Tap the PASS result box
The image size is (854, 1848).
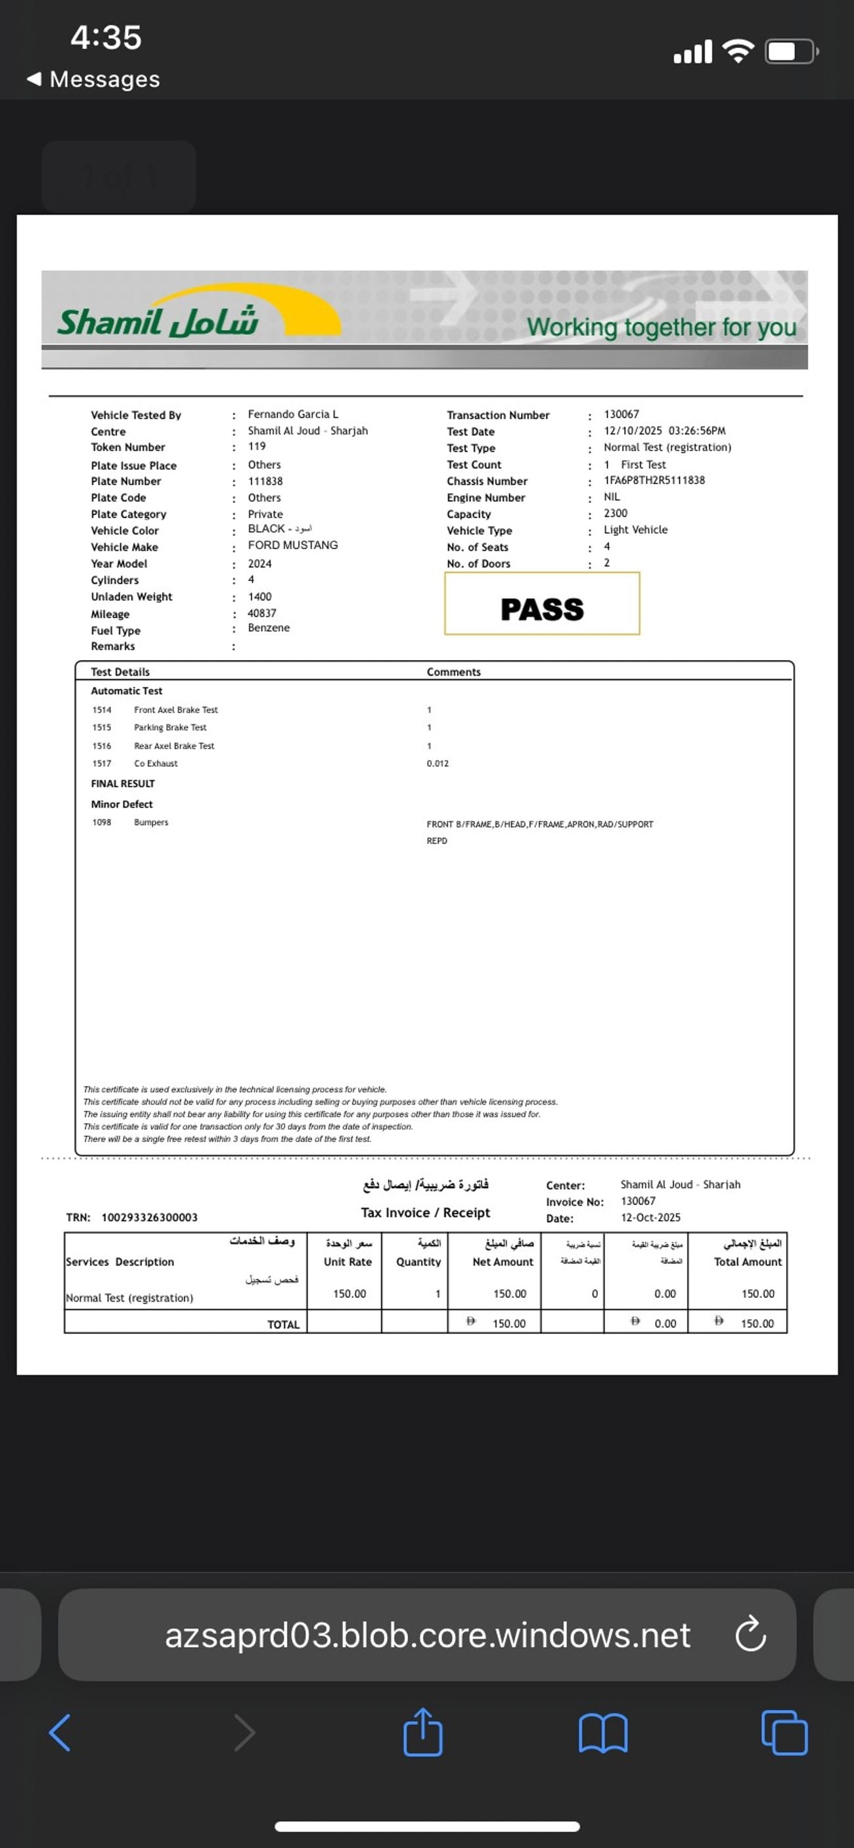[542, 604]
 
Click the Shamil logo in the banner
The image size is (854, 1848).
[158, 320]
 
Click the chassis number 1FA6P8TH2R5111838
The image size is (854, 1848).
[654, 480]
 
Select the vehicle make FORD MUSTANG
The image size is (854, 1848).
[292, 545]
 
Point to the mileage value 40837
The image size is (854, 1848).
[261, 613]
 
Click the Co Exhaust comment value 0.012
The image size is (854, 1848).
[437, 763]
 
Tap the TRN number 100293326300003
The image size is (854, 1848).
[149, 1218]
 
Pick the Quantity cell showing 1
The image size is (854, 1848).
[437, 1294]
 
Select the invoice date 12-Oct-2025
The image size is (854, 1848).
[650, 1218]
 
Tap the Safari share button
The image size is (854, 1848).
[422, 1732]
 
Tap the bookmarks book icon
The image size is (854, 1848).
[603, 1733]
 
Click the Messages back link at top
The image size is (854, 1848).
[93, 79]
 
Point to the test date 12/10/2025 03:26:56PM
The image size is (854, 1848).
[664, 430]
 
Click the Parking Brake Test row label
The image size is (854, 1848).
[170, 728]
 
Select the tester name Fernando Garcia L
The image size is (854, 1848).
[293, 414]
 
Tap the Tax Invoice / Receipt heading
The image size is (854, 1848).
[425, 1212]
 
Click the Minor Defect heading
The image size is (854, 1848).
[122, 804]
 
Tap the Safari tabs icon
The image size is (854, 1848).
[784, 1732]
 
